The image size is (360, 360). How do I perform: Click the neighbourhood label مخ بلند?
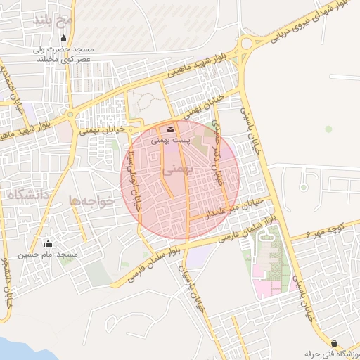tap(52, 20)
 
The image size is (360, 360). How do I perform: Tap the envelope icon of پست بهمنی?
tap(170, 129)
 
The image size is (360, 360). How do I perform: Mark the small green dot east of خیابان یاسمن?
tap(328, 129)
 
